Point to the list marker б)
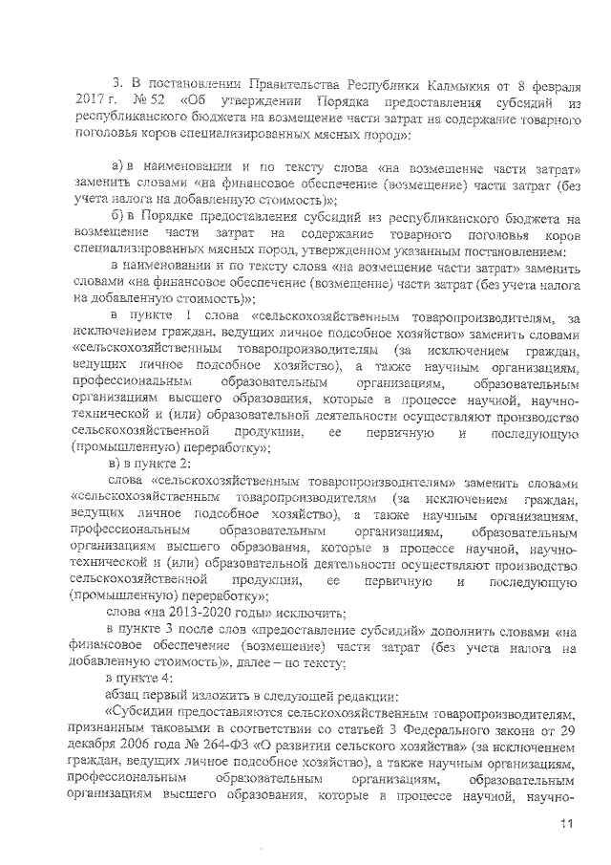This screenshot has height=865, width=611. [x=119, y=218]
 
